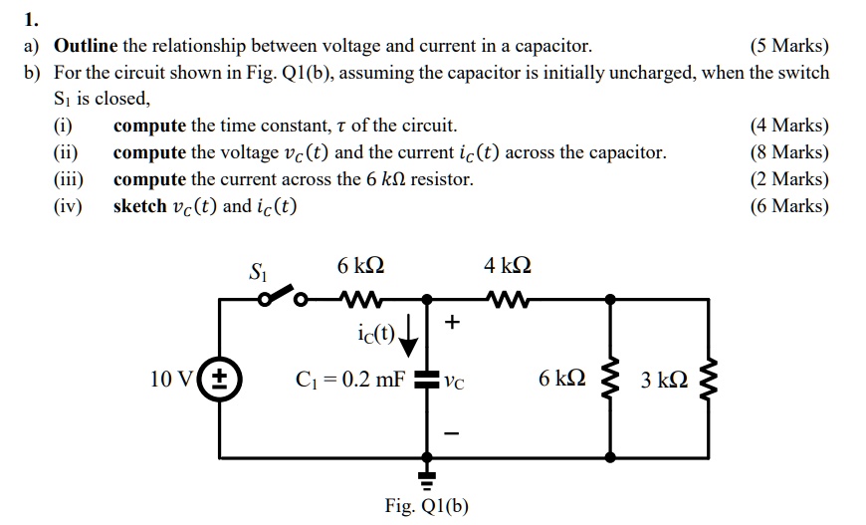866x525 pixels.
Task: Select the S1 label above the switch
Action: click(x=257, y=270)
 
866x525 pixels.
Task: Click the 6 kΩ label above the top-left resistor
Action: click(x=360, y=266)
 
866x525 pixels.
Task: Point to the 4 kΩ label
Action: click(x=508, y=266)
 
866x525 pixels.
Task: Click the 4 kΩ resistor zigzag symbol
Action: click(x=509, y=297)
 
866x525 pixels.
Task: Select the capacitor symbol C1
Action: click(x=428, y=379)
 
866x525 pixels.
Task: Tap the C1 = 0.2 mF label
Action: click(x=351, y=380)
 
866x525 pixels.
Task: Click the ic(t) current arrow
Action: click(x=408, y=339)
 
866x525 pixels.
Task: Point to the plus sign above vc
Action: click(x=453, y=322)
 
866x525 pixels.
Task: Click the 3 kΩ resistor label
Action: click(x=666, y=380)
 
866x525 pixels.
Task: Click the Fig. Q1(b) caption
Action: click(x=426, y=505)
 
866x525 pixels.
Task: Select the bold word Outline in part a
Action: click(x=86, y=46)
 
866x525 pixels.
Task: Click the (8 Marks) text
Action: click(x=788, y=152)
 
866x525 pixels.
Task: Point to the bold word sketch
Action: click(x=139, y=206)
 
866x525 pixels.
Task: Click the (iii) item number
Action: click(x=69, y=179)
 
